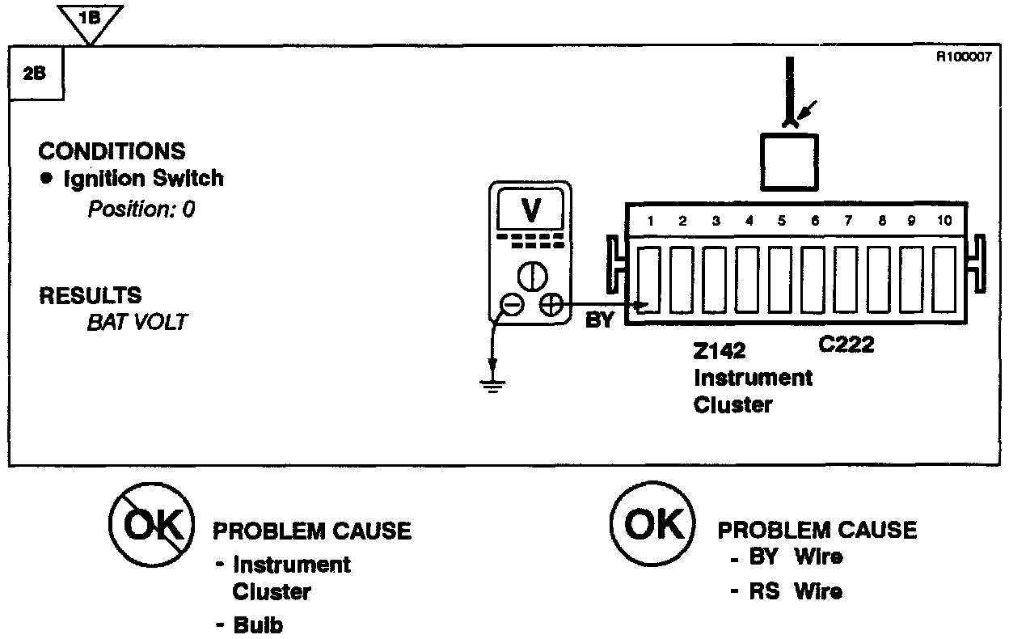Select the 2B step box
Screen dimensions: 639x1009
tap(36, 71)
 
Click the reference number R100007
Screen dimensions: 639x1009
tap(963, 57)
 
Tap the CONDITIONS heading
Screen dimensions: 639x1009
tap(112, 151)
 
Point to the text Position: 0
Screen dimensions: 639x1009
tap(141, 209)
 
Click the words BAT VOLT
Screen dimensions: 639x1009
tap(136, 322)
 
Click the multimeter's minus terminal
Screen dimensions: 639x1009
tap(511, 304)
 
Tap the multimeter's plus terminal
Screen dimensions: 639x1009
tap(551, 304)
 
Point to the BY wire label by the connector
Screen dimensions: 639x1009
tap(599, 320)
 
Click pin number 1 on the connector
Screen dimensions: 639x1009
tap(649, 220)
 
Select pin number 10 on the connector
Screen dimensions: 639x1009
tap(944, 220)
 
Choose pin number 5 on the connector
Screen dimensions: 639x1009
tap(781, 220)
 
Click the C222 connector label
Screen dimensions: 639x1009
tap(846, 345)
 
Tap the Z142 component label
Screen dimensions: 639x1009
tap(720, 351)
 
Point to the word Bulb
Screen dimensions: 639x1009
tap(259, 625)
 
